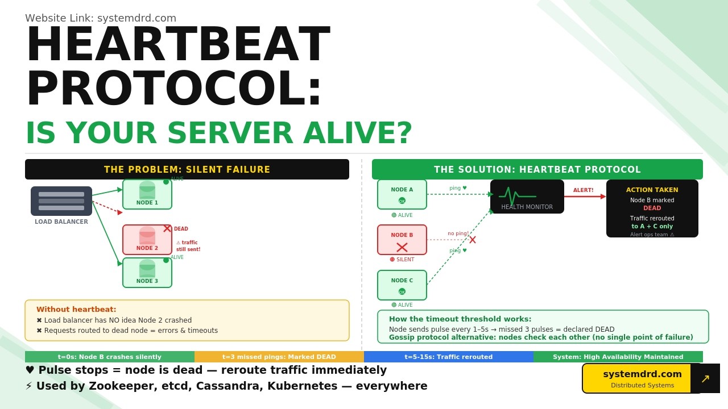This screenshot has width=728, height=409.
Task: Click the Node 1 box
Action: (x=147, y=194)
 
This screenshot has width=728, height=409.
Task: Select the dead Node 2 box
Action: (x=147, y=240)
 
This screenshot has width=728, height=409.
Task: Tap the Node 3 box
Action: (x=147, y=273)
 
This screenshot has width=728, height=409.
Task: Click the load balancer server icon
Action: (x=61, y=201)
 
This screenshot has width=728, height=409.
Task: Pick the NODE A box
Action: (x=402, y=194)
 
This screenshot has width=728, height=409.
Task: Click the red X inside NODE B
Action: (x=402, y=247)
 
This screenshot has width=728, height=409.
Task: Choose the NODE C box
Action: (x=402, y=285)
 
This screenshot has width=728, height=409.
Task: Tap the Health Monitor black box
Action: (x=527, y=197)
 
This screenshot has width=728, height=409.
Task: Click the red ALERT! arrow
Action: (x=585, y=197)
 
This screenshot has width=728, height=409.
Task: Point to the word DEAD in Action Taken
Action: (x=652, y=208)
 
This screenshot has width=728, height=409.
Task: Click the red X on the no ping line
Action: (x=472, y=240)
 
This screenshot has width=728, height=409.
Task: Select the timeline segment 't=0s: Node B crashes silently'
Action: (x=110, y=357)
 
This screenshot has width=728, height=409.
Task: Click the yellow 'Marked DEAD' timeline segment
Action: (x=279, y=357)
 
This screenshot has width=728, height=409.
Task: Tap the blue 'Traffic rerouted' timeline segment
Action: (x=449, y=357)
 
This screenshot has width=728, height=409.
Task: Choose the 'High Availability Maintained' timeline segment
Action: (x=618, y=357)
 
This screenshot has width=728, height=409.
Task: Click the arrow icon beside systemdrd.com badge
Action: (x=705, y=378)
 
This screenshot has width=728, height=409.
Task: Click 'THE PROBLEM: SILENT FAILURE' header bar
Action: (x=187, y=169)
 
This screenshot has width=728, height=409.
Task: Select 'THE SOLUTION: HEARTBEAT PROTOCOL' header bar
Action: (x=537, y=169)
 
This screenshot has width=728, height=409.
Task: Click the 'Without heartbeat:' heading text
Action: (x=76, y=310)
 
